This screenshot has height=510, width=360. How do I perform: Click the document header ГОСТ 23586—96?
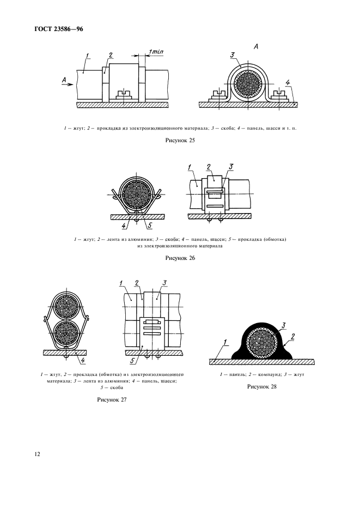[58, 29]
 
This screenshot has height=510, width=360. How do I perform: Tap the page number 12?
[37, 454]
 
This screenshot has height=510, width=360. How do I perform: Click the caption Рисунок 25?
[180, 141]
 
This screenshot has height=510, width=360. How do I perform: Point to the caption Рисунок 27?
[112, 400]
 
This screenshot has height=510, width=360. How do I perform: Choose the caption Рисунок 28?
[262, 387]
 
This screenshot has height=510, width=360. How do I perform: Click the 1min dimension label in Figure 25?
[156, 52]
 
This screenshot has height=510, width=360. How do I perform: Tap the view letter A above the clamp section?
[256, 47]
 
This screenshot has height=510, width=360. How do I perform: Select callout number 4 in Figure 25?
[288, 83]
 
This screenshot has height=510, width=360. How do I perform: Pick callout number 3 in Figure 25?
[232, 55]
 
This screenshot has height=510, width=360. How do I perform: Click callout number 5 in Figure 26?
[150, 225]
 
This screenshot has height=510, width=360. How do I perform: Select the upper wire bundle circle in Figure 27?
[65, 306]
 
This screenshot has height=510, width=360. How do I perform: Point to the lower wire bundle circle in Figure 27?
[65, 333]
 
